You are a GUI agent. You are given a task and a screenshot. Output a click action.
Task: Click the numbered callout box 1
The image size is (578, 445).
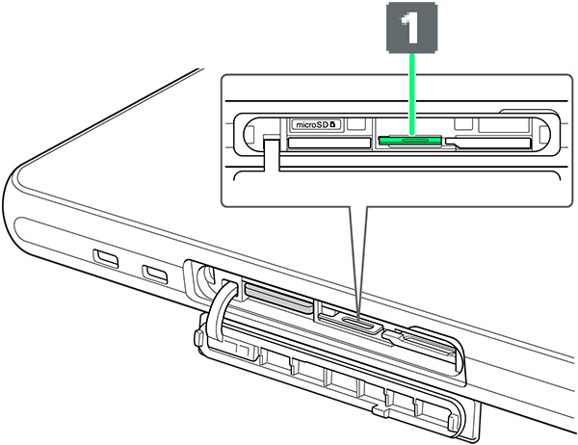tap(411, 27)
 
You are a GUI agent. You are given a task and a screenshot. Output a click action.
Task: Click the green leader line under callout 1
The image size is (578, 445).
tap(412, 93)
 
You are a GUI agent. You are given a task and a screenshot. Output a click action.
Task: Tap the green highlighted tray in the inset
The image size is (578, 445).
tap(409, 140)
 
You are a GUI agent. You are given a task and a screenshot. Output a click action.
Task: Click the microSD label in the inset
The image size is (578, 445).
tap(316, 124)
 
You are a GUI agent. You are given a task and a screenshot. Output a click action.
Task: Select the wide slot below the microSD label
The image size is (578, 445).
tap(329, 143)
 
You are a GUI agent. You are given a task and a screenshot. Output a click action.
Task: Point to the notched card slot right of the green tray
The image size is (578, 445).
tap(487, 144)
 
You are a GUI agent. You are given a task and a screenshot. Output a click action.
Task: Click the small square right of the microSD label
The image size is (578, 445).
tap(356, 123)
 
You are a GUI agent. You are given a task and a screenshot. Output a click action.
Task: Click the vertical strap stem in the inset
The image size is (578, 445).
tap(272, 152)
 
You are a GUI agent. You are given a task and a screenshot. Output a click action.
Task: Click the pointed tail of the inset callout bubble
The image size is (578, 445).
tap(358, 314)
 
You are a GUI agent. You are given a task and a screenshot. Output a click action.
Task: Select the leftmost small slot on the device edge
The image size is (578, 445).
tap(106, 258)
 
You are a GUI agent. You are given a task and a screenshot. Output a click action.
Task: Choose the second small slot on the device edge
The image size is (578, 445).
tap(155, 274)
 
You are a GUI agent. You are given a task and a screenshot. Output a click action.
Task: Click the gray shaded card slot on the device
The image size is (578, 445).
tap(278, 297)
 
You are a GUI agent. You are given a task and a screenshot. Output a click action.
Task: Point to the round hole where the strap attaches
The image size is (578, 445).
tap(206, 275)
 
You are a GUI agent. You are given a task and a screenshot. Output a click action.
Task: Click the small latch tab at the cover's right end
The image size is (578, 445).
tap(452, 422)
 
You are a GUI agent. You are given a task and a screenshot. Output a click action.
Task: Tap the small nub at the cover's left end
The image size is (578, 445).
tap(197, 338)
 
